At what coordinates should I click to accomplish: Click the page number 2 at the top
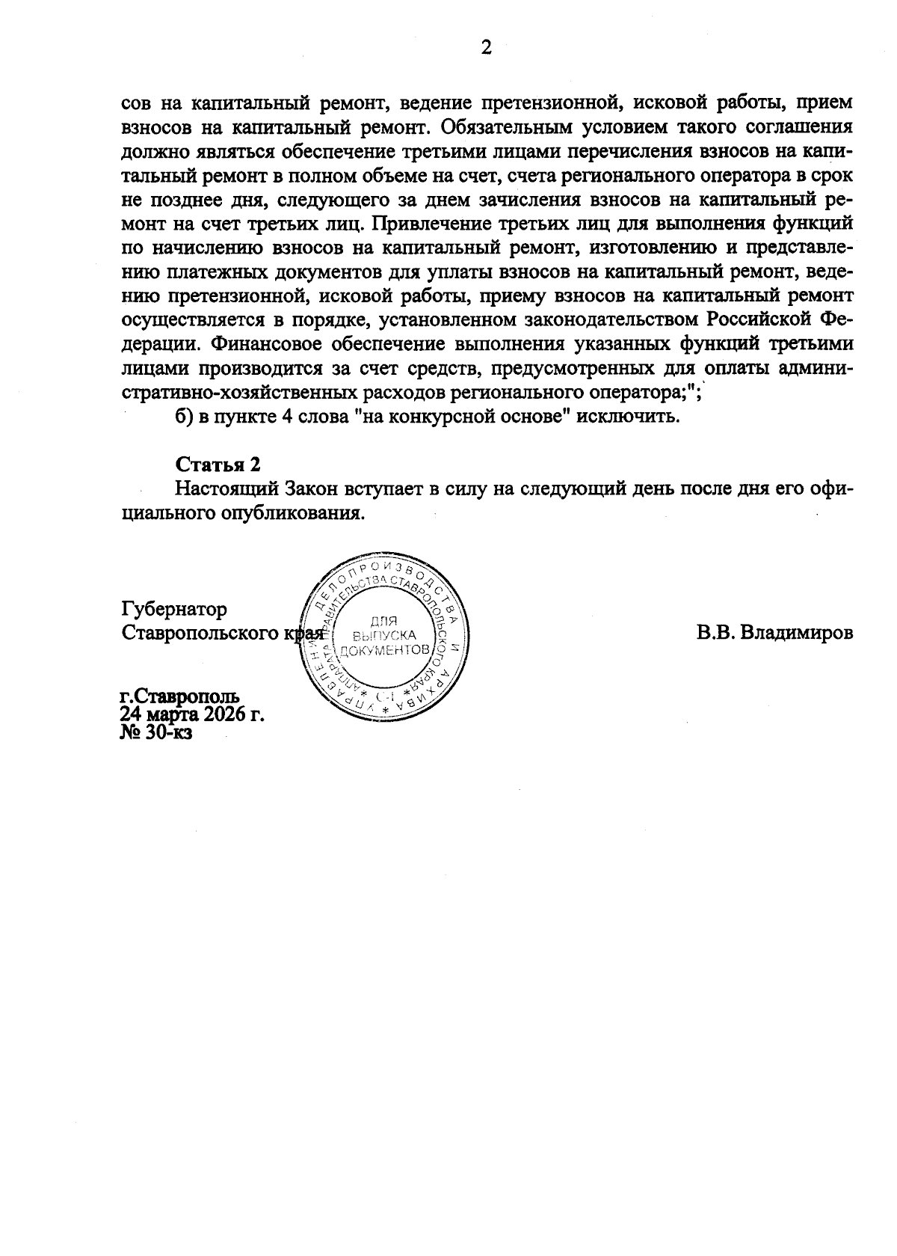(485, 49)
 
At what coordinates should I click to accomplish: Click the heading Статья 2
(218, 465)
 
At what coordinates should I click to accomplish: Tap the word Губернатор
(174, 610)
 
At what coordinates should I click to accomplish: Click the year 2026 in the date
(226, 714)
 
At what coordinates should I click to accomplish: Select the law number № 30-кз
(156, 732)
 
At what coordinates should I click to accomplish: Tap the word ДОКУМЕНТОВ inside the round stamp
(384, 650)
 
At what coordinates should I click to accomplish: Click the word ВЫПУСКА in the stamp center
(384, 634)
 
